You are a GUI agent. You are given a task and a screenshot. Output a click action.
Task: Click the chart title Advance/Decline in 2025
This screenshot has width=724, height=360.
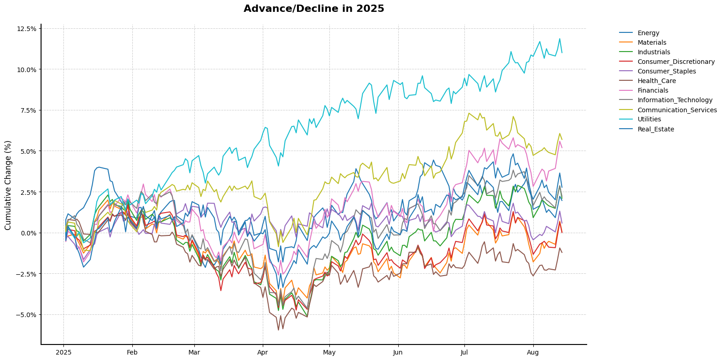[x=314, y=9]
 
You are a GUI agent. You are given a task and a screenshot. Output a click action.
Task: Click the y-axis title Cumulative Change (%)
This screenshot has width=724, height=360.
[x=8, y=185]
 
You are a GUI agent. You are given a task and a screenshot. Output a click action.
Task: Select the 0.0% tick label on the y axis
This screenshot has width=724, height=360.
[x=28, y=233]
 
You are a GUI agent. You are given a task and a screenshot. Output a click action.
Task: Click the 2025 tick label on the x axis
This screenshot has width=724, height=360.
[x=63, y=352]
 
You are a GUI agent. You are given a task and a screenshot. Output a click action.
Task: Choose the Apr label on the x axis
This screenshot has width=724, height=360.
[x=263, y=352]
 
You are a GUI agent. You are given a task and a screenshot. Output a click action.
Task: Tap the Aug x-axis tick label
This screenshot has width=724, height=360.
[x=533, y=352]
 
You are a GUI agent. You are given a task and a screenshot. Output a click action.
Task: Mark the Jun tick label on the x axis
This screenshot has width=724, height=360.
[x=398, y=352]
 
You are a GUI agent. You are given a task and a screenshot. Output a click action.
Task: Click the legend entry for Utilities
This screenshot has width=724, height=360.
[x=649, y=120]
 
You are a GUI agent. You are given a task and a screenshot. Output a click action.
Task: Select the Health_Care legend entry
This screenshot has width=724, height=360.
[x=656, y=81]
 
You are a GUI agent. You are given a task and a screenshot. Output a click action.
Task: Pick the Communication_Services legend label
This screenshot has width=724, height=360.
[x=677, y=110]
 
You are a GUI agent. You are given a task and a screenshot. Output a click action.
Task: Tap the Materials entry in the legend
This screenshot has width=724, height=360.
[x=652, y=43]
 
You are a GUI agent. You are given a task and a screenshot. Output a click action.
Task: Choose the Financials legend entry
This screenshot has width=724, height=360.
[x=652, y=91]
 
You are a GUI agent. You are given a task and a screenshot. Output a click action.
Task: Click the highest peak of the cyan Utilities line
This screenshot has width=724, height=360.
[x=560, y=38]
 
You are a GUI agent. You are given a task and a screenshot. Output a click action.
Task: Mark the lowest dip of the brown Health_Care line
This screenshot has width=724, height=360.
[x=278, y=330]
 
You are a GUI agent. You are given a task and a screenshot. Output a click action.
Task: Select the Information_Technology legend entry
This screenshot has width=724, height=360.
[x=675, y=100]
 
